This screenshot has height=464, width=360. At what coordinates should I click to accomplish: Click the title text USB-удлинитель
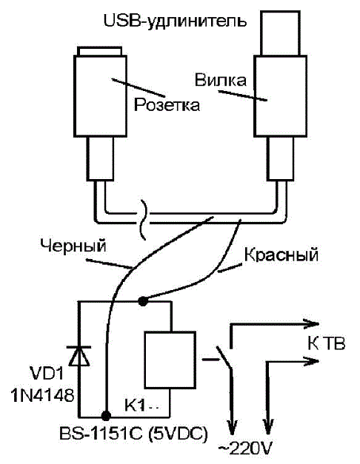[x=175, y=21]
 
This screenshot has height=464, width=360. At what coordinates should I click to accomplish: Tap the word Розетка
[x=167, y=105]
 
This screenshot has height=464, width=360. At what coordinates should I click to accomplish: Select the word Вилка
[x=221, y=80]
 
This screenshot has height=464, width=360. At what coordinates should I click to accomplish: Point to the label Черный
[x=73, y=246]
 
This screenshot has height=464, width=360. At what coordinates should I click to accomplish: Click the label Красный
[x=281, y=255]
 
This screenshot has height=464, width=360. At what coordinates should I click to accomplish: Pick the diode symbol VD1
[x=79, y=355]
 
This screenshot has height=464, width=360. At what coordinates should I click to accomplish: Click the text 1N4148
[x=42, y=395]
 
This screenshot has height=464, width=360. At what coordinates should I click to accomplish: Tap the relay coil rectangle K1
[x=170, y=360]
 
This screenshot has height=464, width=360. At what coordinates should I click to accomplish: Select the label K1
[x=135, y=406]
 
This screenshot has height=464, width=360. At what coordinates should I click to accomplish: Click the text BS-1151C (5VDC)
[x=133, y=434]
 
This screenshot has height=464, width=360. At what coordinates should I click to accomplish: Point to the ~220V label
[x=244, y=450]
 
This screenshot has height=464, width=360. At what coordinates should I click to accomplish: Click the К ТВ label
[x=326, y=344]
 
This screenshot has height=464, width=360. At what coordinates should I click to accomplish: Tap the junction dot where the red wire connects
[x=143, y=301]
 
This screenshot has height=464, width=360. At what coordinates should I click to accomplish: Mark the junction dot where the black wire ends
[x=106, y=415]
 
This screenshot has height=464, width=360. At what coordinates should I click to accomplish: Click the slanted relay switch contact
[x=224, y=357]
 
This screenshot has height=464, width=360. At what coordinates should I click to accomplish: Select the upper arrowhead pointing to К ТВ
[x=311, y=323]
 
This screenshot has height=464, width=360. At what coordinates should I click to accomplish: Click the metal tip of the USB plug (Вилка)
[x=280, y=33]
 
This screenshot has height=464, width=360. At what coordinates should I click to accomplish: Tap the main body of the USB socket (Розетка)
[x=100, y=96]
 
